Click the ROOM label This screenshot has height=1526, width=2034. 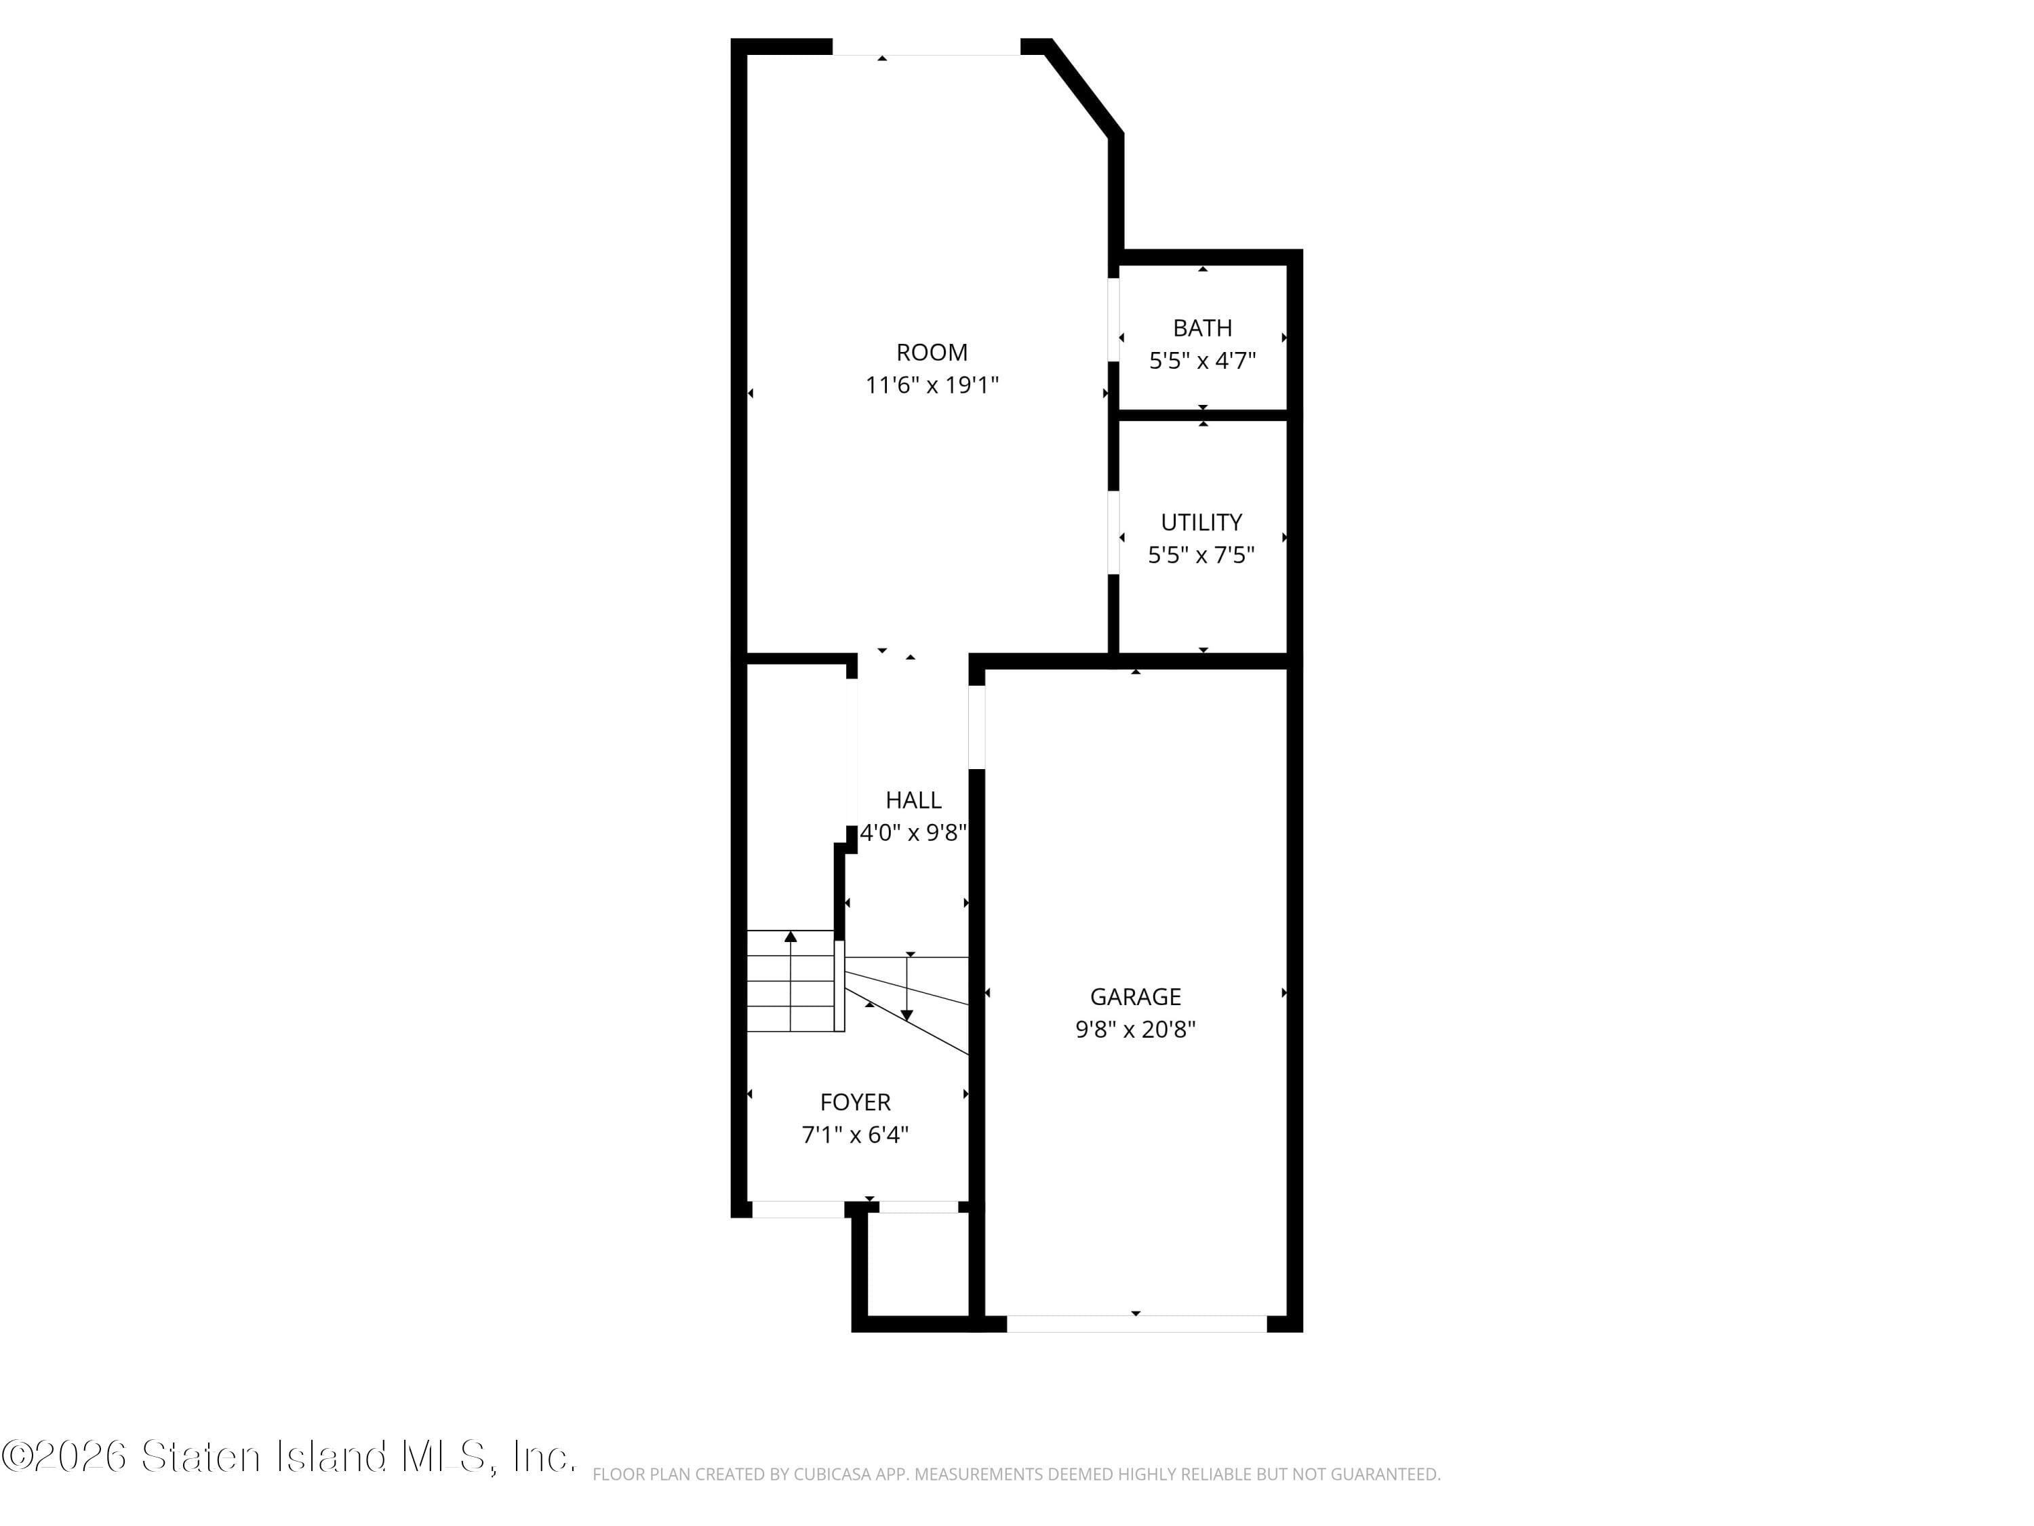pos(932,352)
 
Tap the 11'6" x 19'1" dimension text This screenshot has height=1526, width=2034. pos(932,385)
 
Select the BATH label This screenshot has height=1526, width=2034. pos(1202,328)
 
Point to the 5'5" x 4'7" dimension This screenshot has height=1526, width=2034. pos(1202,361)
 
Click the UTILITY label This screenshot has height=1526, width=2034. pos(1201,522)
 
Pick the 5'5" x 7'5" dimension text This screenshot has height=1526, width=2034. pos(1201,555)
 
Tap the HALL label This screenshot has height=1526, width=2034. pos(913,800)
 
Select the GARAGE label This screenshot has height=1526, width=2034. pos(1136,996)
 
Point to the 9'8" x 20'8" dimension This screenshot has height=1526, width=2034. pos(1136,1030)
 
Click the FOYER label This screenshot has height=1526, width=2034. pos(855,1102)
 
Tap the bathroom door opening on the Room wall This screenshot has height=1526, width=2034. pos(1113,319)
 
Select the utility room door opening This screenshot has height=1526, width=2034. pos(1113,534)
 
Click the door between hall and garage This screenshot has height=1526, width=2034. pos(976,726)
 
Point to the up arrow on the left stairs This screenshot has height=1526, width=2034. pos(791,937)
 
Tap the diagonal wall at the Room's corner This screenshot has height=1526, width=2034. pos(1083,88)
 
